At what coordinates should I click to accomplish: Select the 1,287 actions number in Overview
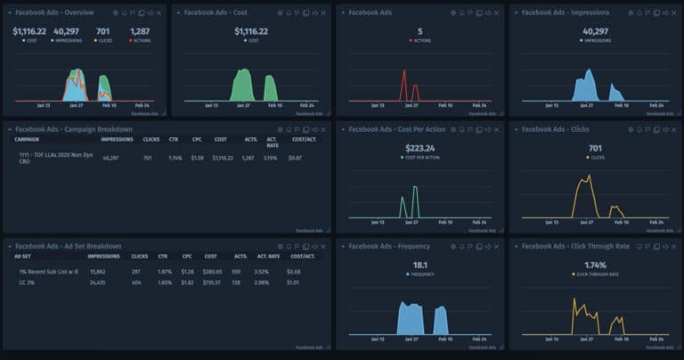tap(140, 31)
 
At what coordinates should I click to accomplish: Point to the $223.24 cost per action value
tap(420, 148)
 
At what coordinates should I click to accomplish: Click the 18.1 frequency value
tap(420, 265)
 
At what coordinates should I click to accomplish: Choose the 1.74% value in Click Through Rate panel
tap(594, 265)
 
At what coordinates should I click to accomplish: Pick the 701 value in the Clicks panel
tap(594, 148)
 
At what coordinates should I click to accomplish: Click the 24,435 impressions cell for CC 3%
tap(98, 282)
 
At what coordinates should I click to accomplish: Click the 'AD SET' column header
tap(23, 256)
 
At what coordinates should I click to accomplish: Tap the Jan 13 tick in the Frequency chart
tap(377, 340)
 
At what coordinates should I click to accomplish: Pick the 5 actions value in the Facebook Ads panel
tap(420, 31)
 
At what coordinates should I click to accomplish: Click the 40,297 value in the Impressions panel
tap(594, 31)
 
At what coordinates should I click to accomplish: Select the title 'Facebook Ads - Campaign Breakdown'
tap(74, 129)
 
